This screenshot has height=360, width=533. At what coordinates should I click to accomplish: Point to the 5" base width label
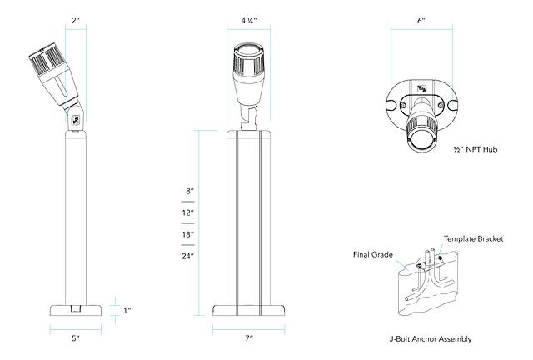coord(75,339)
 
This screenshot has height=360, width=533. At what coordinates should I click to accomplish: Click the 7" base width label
coord(248,339)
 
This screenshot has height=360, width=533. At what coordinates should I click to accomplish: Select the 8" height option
coord(189,192)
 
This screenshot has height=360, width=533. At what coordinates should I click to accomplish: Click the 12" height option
coord(189,213)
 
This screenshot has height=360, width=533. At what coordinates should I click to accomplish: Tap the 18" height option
coord(189,235)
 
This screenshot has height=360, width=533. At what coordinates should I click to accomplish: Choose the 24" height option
coord(189,256)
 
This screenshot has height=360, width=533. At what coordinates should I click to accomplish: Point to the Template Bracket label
coord(472,239)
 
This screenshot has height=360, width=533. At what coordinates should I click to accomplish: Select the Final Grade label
coord(371,255)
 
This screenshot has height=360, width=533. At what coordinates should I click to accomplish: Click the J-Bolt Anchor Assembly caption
coord(430,339)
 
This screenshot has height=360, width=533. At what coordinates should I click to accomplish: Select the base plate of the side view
coord(75,310)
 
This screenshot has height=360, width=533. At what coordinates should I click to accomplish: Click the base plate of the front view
coord(248,310)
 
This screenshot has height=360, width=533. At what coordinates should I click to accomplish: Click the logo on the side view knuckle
coord(74,118)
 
